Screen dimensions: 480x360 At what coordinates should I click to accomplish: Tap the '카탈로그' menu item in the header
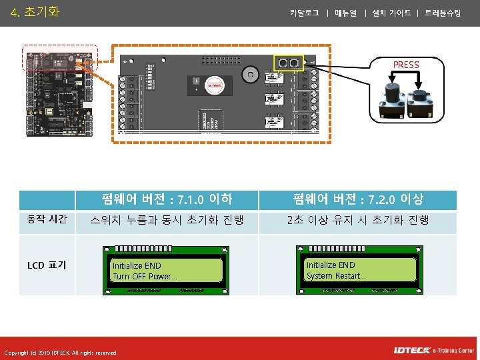coord(305,13)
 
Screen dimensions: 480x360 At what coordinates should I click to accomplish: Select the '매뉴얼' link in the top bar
coord(346,13)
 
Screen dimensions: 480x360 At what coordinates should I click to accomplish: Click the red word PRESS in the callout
coord(406,65)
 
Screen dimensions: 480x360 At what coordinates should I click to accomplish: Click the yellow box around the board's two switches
coord(289,63)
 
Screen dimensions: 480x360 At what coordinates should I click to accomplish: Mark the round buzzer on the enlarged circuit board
coord(251,73)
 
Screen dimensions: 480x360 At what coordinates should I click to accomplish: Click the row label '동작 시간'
coord(47,219)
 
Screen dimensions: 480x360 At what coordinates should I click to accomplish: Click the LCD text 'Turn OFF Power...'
coord(145,276)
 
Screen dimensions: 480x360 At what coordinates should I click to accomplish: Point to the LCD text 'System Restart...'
coord(336,275)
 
